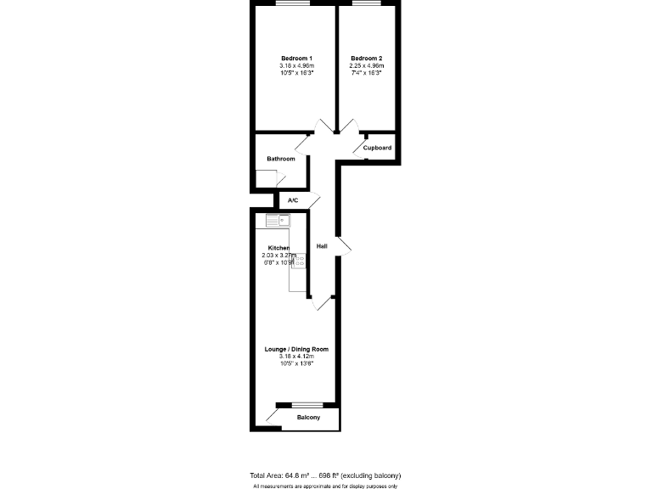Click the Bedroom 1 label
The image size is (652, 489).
296,58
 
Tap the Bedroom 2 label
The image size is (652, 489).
367,58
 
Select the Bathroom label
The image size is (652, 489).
280,159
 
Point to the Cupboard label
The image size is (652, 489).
377,148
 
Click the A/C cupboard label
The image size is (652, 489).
293,200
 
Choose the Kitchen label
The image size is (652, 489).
278,248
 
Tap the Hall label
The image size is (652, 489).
322,246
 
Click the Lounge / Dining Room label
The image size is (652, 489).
296,349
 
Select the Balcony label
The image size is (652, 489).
308,419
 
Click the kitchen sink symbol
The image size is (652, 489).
278,221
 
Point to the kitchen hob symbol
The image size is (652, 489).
300,261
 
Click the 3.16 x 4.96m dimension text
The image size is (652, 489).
296,66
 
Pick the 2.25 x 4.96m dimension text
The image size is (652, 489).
367,66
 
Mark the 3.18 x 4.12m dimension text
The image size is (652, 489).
296,357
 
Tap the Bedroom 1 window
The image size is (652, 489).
291,3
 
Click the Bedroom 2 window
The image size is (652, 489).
367,3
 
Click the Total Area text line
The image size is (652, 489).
325,475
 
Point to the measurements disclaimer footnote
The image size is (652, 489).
325,486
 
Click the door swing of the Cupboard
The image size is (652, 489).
358,144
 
